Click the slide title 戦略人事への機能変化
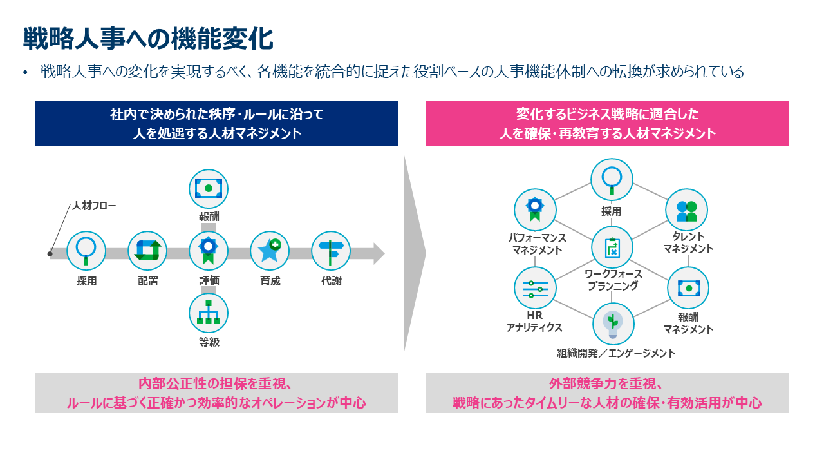coord(148,39)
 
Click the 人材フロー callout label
coord(95,206)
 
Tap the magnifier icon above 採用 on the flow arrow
coord(86,251)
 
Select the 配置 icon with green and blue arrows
coord(147,251)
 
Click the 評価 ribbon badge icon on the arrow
coord(209,251)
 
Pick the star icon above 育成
coord(270,251)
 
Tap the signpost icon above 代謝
coord(331,251)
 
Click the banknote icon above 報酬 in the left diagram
coord(209,189)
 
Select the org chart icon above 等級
coord(209,313)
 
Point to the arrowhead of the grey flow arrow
coord(379,253)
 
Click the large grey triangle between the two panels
coord(413,253)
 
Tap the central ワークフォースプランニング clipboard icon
coord(612,247)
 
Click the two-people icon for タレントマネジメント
coord(686,210)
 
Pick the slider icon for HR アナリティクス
coord(536,288)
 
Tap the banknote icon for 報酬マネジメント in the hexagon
coord(688,288)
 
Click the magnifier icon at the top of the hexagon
coord(612,180)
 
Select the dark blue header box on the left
coord(216,124)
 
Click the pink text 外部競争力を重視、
coord(606,385)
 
